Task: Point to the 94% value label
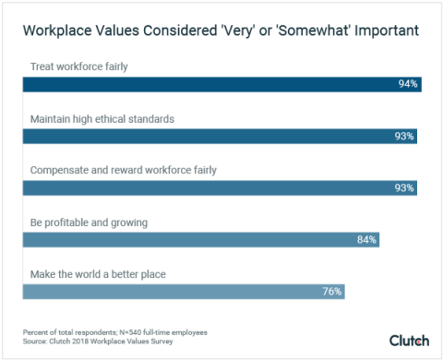[408, 84]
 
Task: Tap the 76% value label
[332, 291]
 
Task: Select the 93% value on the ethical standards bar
[404, 136]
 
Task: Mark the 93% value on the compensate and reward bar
[404, 187]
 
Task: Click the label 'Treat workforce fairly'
[80, 67]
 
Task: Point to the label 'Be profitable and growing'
[89, 222]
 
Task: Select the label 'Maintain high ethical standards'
[102, 119]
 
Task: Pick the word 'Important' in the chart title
[382, 31]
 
